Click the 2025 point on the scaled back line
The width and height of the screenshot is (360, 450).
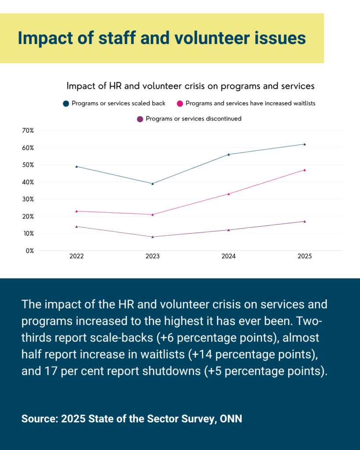(x=305, y=144)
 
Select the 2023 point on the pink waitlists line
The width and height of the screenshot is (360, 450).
(x=153, y=214)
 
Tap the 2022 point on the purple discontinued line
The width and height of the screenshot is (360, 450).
(x=76, y=226)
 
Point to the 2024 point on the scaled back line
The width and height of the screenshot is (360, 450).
(x=229, y=154)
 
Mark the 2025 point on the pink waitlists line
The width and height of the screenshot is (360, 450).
(x=305, y=170)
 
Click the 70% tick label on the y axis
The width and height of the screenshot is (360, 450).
(x=27, y=131)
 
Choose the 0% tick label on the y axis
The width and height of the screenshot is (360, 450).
(x=29, y=250)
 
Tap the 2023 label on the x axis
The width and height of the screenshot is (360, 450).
(x=153, y=256)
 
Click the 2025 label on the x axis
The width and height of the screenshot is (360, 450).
(x=305, y=256)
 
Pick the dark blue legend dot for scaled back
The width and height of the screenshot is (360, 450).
(x=66, y=104)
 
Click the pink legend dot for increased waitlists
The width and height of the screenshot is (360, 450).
(x=180, y=104)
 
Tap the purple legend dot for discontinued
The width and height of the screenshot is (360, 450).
(x=140, y=119)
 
